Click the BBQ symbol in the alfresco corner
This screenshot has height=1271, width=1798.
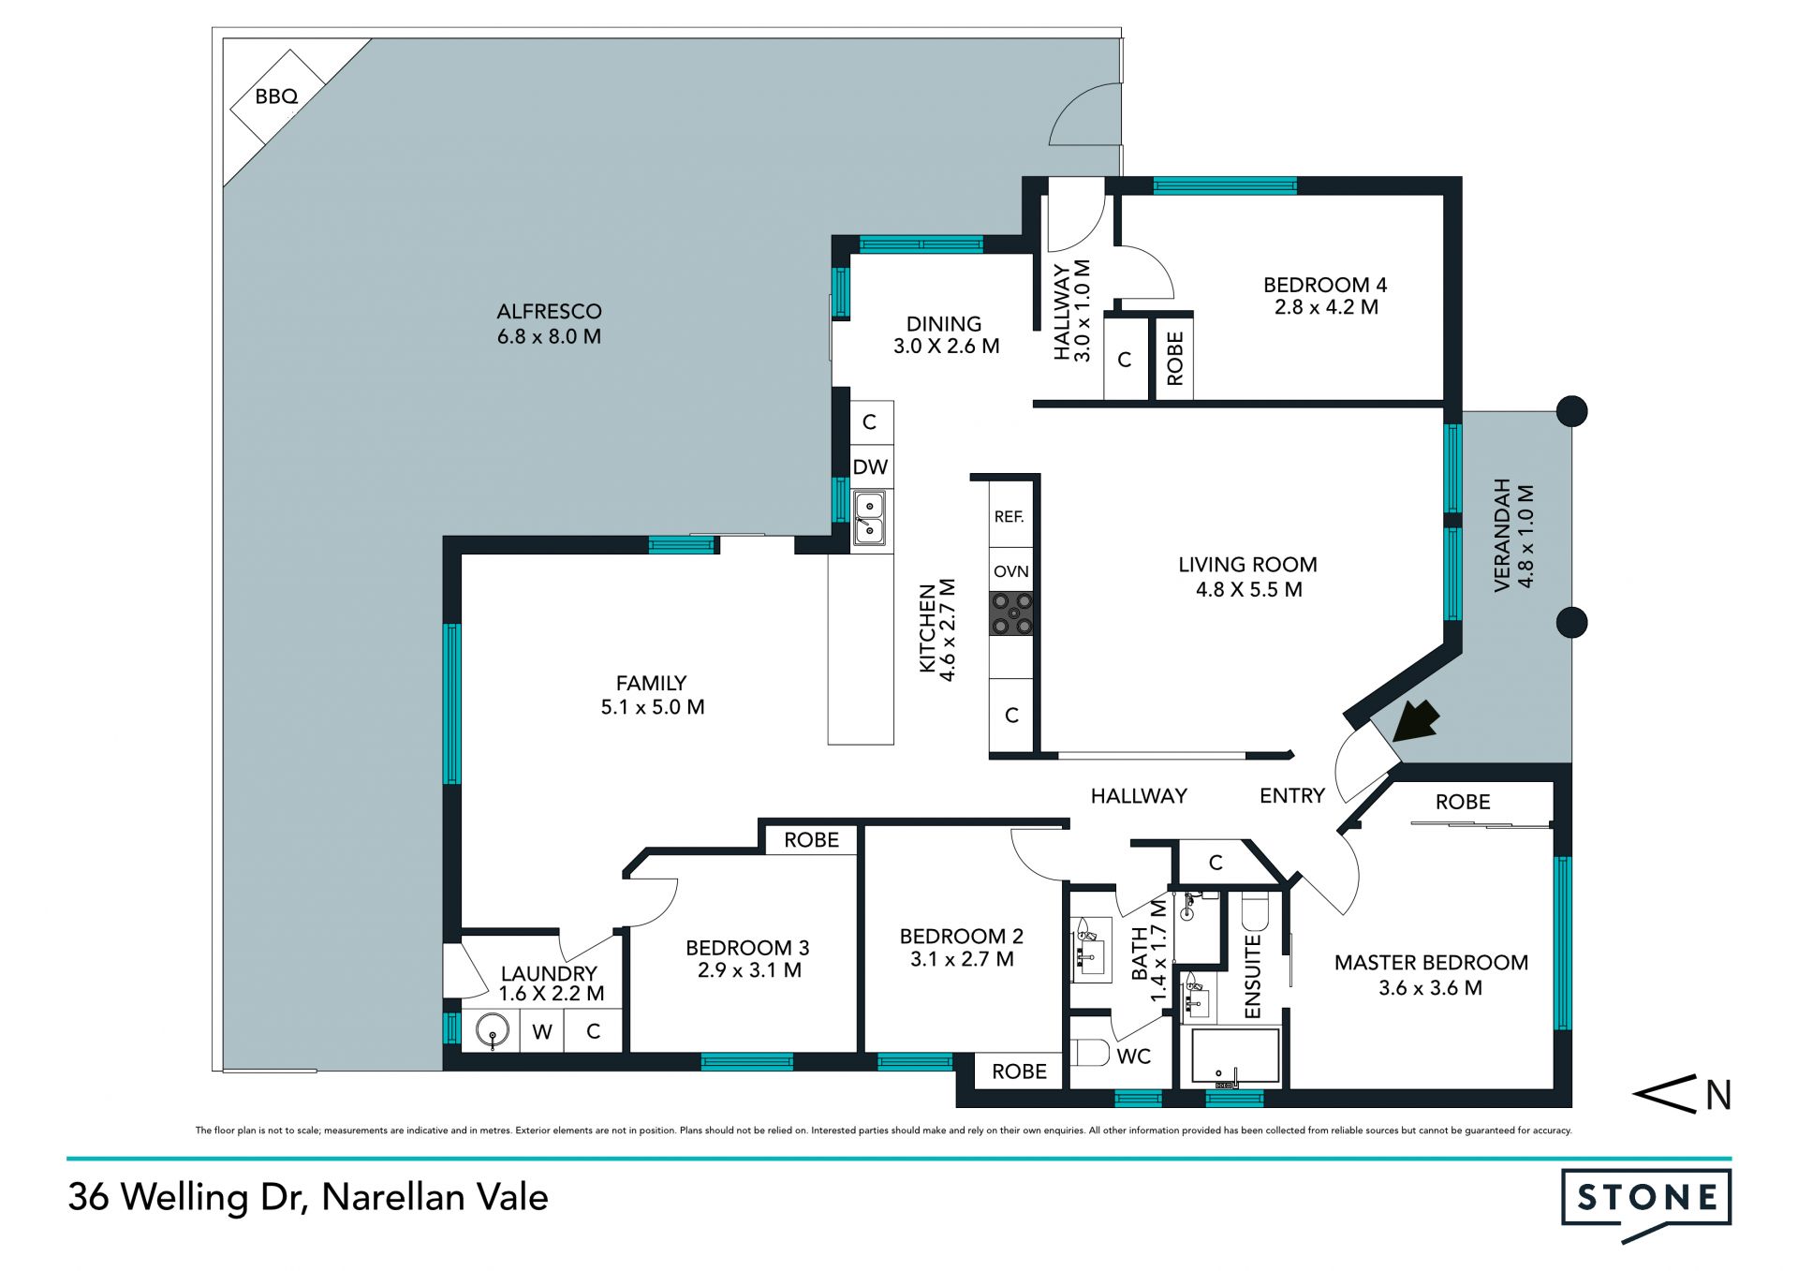pos(277,96)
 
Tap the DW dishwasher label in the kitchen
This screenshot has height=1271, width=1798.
pos(870,466)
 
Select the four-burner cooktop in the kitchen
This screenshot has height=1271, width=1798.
pos(1012,613)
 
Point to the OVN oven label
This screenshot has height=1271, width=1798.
pos(1011,571)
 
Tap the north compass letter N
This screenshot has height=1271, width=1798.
pos(1718,1095)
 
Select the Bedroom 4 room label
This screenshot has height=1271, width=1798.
pos(1325,285)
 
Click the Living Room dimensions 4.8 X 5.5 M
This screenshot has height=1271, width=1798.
pos(1249,589)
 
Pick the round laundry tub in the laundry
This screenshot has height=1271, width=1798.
pos(493,1031)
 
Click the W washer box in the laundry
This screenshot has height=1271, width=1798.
pos(542,1031)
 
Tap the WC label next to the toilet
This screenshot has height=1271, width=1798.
pos(1134,1057)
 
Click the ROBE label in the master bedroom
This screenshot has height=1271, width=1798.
pos(1463,802)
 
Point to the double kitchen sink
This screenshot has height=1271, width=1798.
pos(870,518)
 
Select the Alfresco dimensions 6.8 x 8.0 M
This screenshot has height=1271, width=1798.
pos(550,336)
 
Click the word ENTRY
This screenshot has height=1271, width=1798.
pos(1292,796)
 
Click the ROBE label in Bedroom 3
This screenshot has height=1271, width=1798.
pos(812,840)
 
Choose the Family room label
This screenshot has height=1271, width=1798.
pos(652,683)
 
